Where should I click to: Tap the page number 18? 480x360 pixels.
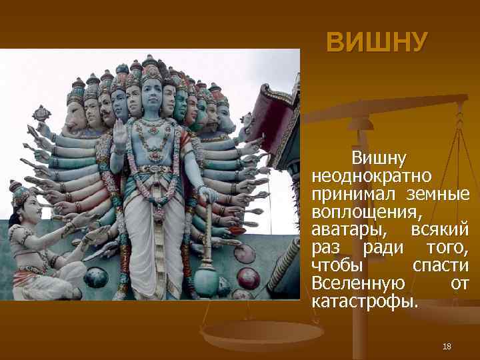447,347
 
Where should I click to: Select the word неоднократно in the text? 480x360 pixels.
371,176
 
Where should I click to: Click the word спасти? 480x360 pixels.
441,266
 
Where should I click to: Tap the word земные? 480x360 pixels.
437,194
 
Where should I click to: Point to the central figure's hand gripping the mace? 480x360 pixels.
207,195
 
